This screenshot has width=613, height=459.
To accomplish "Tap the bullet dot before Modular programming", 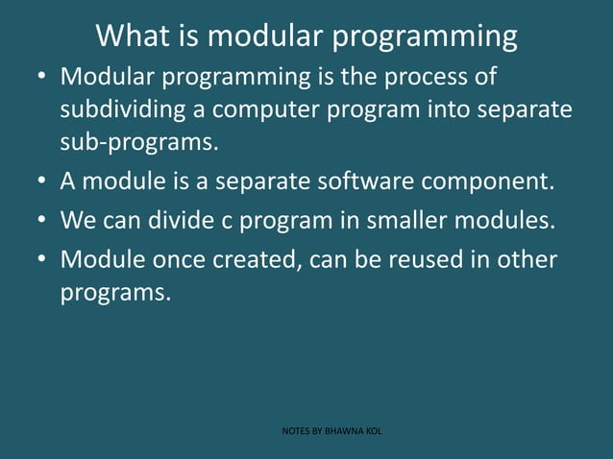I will [x=38, y=75].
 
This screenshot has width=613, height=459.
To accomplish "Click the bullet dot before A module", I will [x=38, y=181].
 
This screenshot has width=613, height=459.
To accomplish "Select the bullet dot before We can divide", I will [x=38, y=220].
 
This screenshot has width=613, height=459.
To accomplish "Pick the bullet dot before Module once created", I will [x=38, y=260].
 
